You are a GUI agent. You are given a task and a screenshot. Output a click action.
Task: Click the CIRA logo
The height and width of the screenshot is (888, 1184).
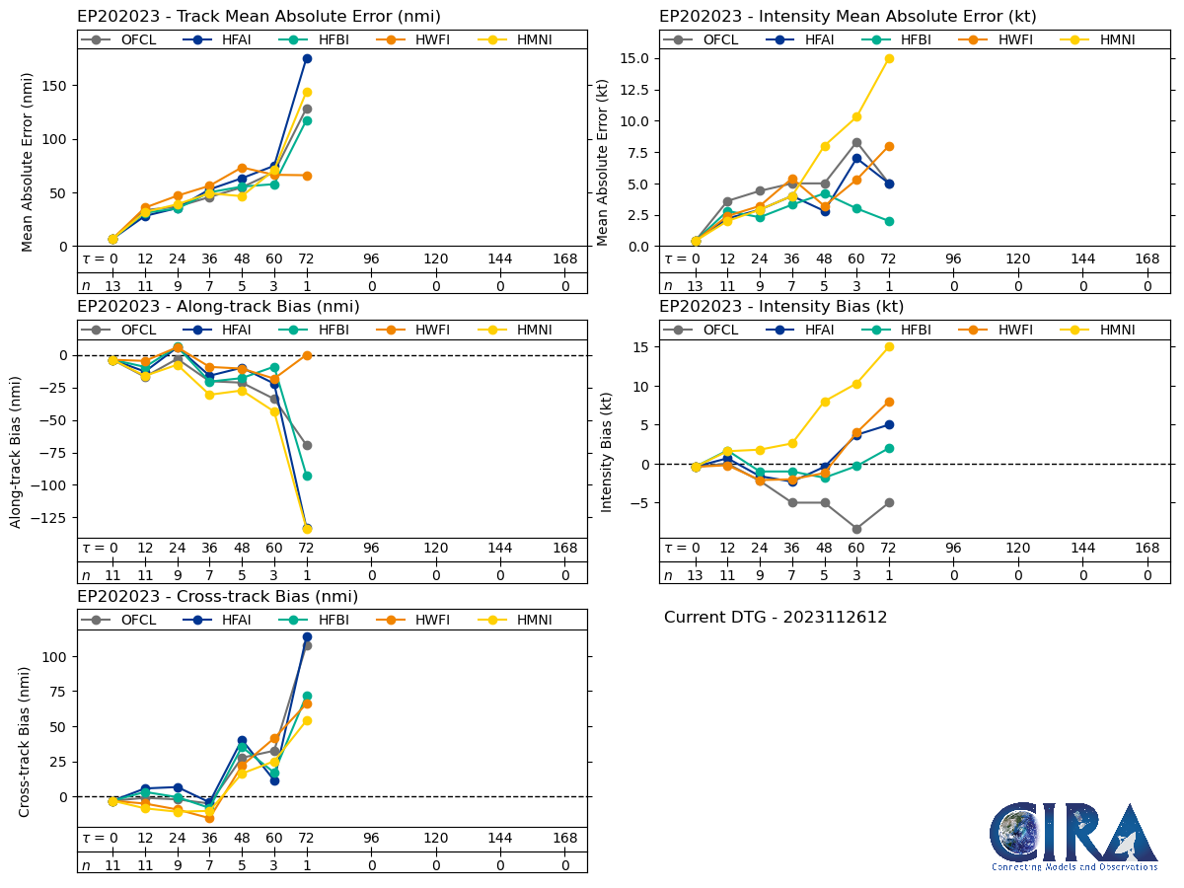tap(1073, 837)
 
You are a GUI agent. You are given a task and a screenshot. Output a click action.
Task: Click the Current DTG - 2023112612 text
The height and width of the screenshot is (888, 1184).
tap(776, 618)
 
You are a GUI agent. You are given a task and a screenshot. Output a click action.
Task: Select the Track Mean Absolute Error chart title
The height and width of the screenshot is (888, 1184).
tap(259, 17)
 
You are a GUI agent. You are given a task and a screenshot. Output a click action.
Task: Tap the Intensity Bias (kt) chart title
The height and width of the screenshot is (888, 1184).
tap(781, 307)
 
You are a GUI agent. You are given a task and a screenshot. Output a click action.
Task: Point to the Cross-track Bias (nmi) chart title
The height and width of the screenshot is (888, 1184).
tap(217, 597)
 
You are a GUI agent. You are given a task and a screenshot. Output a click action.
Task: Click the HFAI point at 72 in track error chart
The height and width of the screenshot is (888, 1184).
tap(307, 58)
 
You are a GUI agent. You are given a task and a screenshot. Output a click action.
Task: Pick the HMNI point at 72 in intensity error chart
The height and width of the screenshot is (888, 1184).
tap(889, 58)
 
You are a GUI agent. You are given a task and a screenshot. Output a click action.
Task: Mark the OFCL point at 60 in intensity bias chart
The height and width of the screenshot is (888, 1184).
tap(856, 529)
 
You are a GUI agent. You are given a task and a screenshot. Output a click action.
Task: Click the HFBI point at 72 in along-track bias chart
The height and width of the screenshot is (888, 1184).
tap(307, 476)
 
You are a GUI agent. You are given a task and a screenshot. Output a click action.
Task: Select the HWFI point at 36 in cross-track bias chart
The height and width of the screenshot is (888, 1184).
tap(209, 818)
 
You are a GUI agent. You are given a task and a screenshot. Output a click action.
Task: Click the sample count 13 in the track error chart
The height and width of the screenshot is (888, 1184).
tap(112, 285)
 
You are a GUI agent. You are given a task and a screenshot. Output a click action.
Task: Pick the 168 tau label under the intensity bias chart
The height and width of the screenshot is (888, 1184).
tap(1147, 549)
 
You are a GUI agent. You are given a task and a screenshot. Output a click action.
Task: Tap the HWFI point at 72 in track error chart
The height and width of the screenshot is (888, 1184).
tap(307, 176)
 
